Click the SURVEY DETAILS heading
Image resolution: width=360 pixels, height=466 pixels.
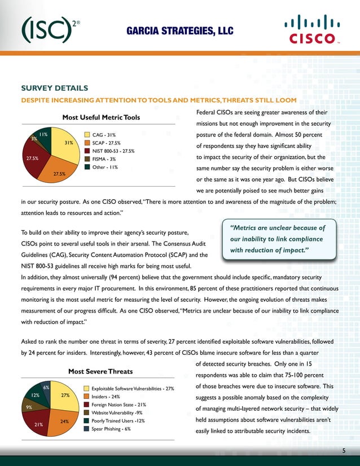click(x=54, y=89)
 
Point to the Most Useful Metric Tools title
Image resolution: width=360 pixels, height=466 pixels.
click(x=100, y=117)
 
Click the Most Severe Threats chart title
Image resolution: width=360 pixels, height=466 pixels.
click(x=100, y=371)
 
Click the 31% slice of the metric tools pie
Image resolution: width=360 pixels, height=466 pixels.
click(x=65, y=144)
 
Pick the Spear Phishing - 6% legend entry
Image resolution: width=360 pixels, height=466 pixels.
click(x=111, y=429)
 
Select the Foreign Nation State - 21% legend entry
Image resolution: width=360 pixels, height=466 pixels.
click(x=118, y=405)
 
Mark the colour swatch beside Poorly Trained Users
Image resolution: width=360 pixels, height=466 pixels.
click(x=86, y=421)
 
